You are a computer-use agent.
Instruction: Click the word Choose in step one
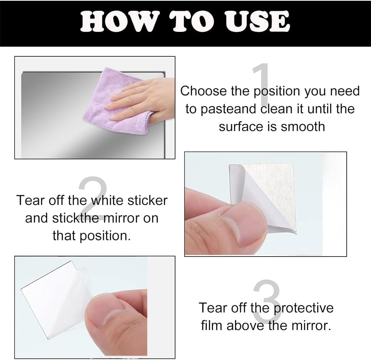coord(203,91)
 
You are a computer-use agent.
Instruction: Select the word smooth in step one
coord(303,126)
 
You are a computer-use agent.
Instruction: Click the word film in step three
coord(212,326)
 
